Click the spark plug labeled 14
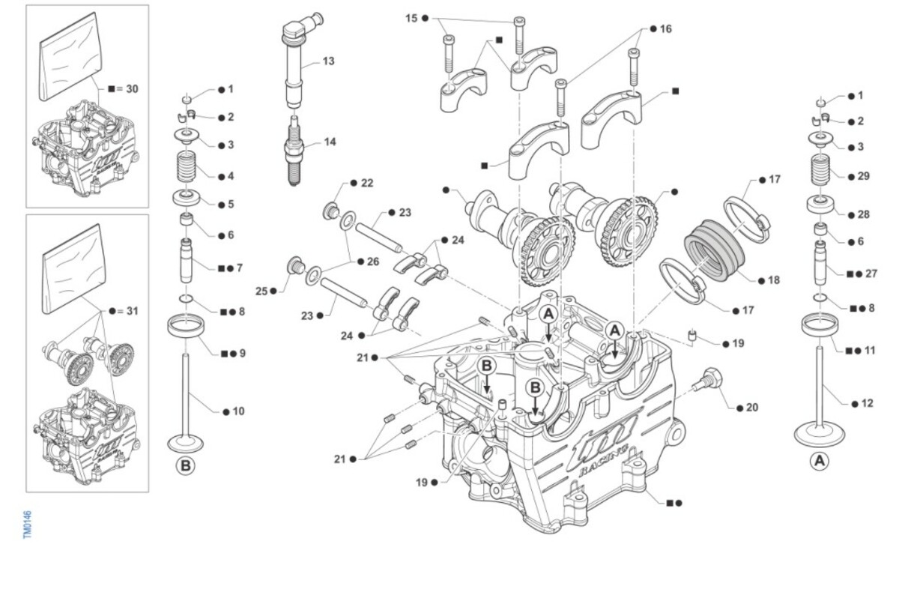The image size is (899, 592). [x=294, y=149]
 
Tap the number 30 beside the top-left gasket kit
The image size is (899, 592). [x=132, y=88]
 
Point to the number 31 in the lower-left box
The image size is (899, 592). [x=133, y=310]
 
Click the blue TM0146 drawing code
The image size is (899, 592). [x=27, y=525]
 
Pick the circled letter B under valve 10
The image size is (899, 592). [x=185, y=465]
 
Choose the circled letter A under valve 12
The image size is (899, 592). [x=820, y=460]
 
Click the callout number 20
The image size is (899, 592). [x=751, y=408]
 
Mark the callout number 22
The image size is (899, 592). [x=367, y=183]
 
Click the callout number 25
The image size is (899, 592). [x=261, y=290]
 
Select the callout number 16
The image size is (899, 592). [x=666, y=28]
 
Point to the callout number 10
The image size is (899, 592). [x=238, y=411]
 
